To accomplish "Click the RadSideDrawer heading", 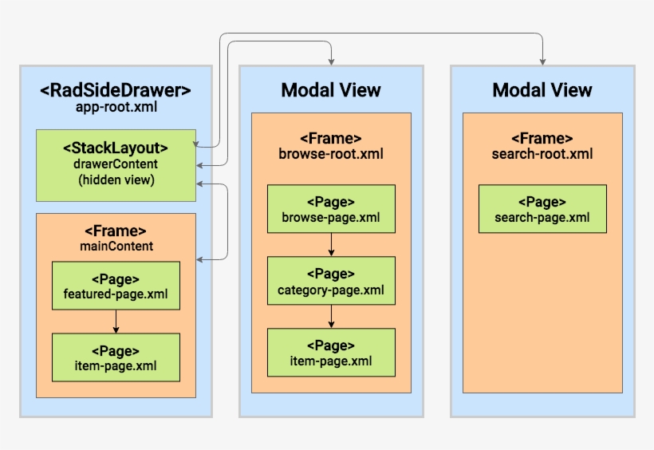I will (116, 90).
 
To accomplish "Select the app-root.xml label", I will (116, 107).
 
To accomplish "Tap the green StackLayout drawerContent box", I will (116, 165).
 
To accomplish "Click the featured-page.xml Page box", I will (116, 286).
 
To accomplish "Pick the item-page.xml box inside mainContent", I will (116, 357).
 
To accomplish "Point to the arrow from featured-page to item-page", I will (116, 322).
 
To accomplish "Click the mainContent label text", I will (116, 246).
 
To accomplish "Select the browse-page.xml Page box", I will (331, 209).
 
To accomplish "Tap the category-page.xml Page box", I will (331, 281).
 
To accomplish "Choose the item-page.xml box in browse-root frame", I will (331, 353).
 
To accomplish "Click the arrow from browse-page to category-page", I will (331, 244).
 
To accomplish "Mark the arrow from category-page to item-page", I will (331, 317).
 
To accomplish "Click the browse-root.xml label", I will (331, 153).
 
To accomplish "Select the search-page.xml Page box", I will (542, 209).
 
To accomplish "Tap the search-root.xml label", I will (542, 153).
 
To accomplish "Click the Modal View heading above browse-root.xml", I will (331, 90).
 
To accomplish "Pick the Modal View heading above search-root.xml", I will (542, 90).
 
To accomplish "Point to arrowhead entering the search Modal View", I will (542, 61).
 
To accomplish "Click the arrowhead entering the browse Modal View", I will (331, 61).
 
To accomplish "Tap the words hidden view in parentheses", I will (116, 180).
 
